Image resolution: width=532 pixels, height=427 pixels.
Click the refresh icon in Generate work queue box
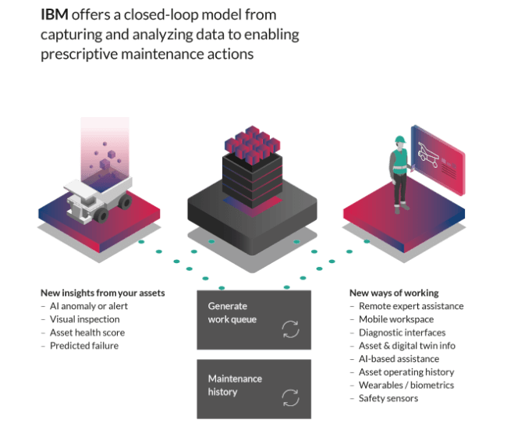(x=289, y=329)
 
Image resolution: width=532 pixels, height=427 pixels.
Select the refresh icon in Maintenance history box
(x=289, y=397)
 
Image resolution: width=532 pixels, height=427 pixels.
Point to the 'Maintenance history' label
(x=235, y=385)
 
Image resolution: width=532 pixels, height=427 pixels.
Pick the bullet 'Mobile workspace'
(x=395, y=319)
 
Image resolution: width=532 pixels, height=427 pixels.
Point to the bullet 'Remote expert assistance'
(x=411, y=307)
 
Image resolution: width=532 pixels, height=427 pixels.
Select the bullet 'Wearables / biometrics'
(x=406, y=385)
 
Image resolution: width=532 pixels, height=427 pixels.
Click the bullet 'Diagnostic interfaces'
(x=403, y=333)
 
